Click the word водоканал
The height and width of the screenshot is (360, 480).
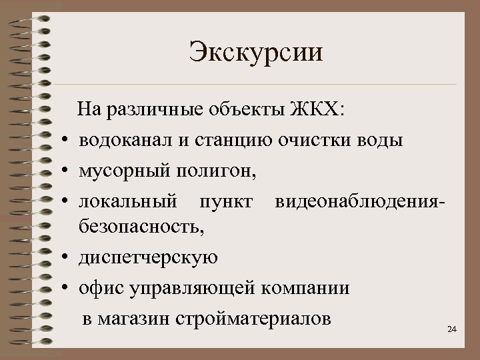coord(125,141)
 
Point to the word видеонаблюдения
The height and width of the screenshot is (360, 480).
coord(357,202)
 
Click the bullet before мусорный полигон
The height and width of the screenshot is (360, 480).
coord(69,171)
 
